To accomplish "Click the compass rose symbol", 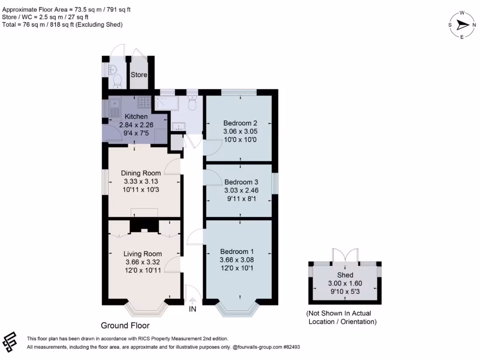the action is [x=462, y=25].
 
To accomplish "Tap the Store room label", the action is [x=139, y=75].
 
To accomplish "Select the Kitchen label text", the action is [x=136, y=116].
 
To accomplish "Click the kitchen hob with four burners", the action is [x=144, y=102].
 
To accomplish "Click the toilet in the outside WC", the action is [x=117, y=82].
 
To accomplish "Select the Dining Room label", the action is [x=141, y=173].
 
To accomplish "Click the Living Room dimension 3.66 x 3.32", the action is [x=142, y=262].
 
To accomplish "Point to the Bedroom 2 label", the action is [x=240, y=123].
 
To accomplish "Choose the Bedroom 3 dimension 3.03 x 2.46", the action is [x=241, y=190].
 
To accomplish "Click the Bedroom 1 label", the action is [x=237, y=252].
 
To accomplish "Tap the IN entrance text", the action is [x=192, y=309].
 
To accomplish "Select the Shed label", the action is [x=345, y=275].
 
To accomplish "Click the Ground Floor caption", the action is [x=125, y=325].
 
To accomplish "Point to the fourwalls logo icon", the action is [x=9, y=342].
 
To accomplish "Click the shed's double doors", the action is [x=345, y=256].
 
